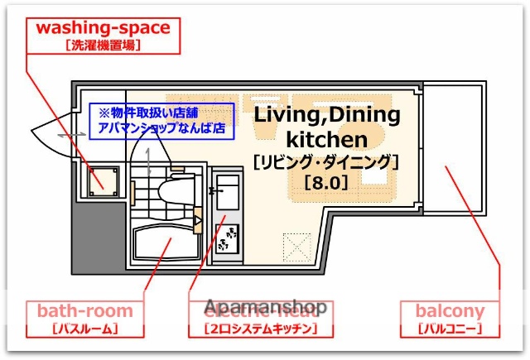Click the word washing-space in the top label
pyautogui.click(x=103, y=27)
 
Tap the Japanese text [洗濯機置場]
pyautogui.click(x=103, y=46)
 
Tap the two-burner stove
pyautogui.click(x=225, y=238)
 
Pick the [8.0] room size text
pyautogui.click(x=325, y=181)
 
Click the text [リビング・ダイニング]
pyautogui.click(x=325, y=161)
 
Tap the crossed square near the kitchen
pyautogui.click(x=295, y=245)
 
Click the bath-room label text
pyautogui.click(x=84, y=311)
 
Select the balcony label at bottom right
pyautogui.click(x=450, y=311)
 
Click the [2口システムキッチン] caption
pyautogui.click(x=260, y=329)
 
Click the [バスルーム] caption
pyautogui.click(x=84, y=329)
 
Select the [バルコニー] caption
pyautogui.click(x=450, y=329)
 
